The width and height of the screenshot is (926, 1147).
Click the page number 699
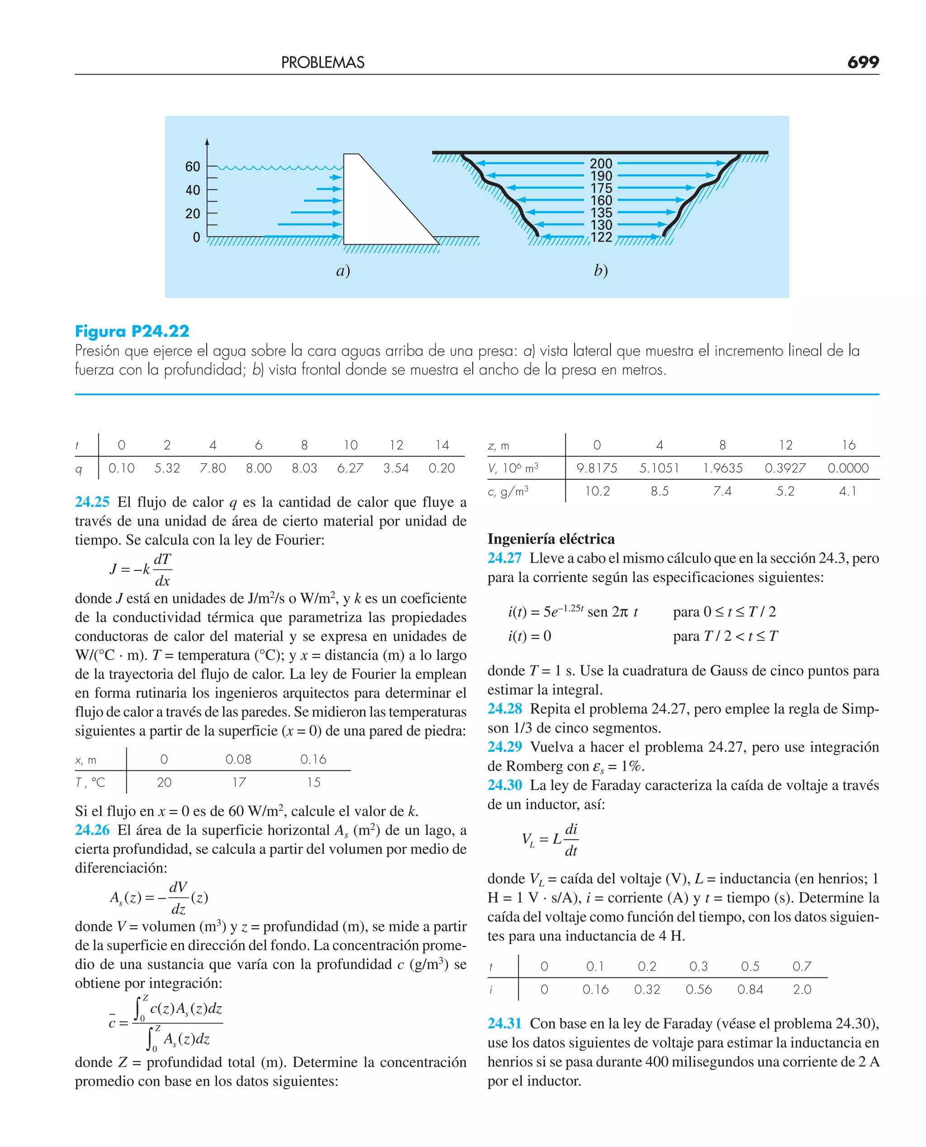coord(863,62)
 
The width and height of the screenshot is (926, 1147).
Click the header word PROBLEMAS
coord(323,63)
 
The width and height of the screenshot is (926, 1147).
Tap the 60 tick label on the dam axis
coord(193,167)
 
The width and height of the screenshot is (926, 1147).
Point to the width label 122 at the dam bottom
coord(601,237)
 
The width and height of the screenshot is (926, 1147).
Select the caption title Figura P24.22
coord(132,331)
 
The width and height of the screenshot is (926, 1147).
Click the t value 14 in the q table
coord(442,445)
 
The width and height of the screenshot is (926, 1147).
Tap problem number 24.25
coord(92,502)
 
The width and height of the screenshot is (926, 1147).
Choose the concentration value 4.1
coord(848,491)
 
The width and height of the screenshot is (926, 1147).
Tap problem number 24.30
coord(505,785)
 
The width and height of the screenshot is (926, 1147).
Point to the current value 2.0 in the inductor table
coord(802,990)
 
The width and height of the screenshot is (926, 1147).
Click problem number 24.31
coord(505,1023)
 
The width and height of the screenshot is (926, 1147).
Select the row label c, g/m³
coord(508,491)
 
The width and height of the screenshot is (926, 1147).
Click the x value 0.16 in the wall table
coord(313,759)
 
